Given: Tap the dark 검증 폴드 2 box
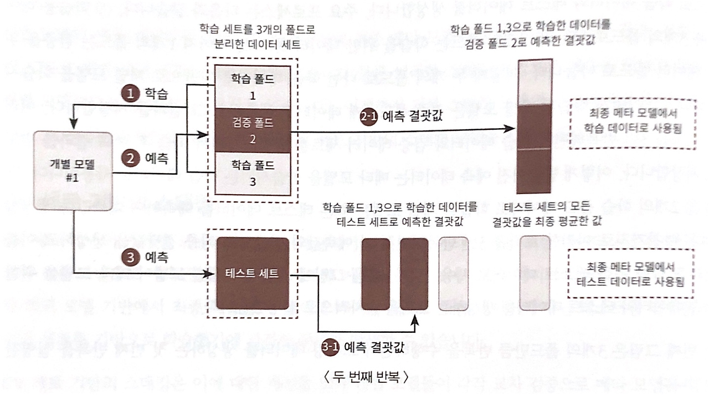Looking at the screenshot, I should pyautogui.click(x=252, y=131).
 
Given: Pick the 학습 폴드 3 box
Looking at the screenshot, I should pyautogui.click(x=252, y=174).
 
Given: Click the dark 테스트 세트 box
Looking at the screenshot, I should pyautogui.click(x=253, y=273).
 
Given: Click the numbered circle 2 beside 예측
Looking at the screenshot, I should pyautogui.click(x=130, y=158).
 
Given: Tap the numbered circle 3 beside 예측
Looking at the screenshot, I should pyautogui.click(x=130, y=257).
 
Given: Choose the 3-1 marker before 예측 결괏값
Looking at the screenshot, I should pyautogui.click(x=330, y=347).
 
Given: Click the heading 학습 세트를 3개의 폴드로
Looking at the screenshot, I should pyautogui.click(x=253, y=28).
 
